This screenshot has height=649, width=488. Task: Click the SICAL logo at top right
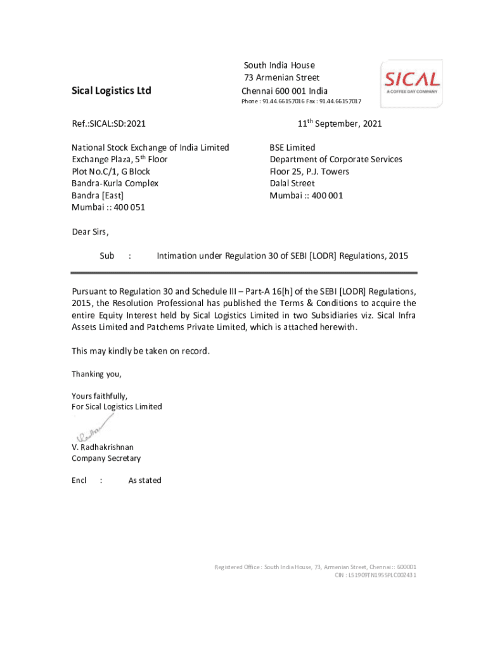[411, 82]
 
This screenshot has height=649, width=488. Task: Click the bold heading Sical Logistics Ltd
[111, 91]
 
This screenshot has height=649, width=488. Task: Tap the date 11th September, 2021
[340, 124]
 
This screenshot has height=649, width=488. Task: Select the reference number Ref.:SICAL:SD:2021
[108, 124]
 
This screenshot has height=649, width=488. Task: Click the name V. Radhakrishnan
[103, 447]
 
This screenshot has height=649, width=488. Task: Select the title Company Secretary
[106, 458]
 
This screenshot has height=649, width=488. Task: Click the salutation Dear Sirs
[90, 231]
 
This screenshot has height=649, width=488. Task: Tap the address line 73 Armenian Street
[282, 77]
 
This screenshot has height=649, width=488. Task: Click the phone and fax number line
[301, 101]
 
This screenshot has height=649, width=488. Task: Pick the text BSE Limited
[292, 148]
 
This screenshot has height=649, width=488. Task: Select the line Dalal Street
[292, 183]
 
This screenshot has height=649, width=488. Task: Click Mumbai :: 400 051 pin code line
[108, 207]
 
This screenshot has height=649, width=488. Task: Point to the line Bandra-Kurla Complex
[115, 183]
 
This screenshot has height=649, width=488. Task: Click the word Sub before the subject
[106, 256]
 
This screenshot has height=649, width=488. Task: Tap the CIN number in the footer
[375, 575]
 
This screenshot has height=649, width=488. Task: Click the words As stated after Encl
[144, 480]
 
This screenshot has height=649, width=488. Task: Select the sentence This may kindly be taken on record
[140, 351]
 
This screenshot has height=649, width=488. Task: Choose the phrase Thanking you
[96, 374]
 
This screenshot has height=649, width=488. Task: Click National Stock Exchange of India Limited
[150, 148]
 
